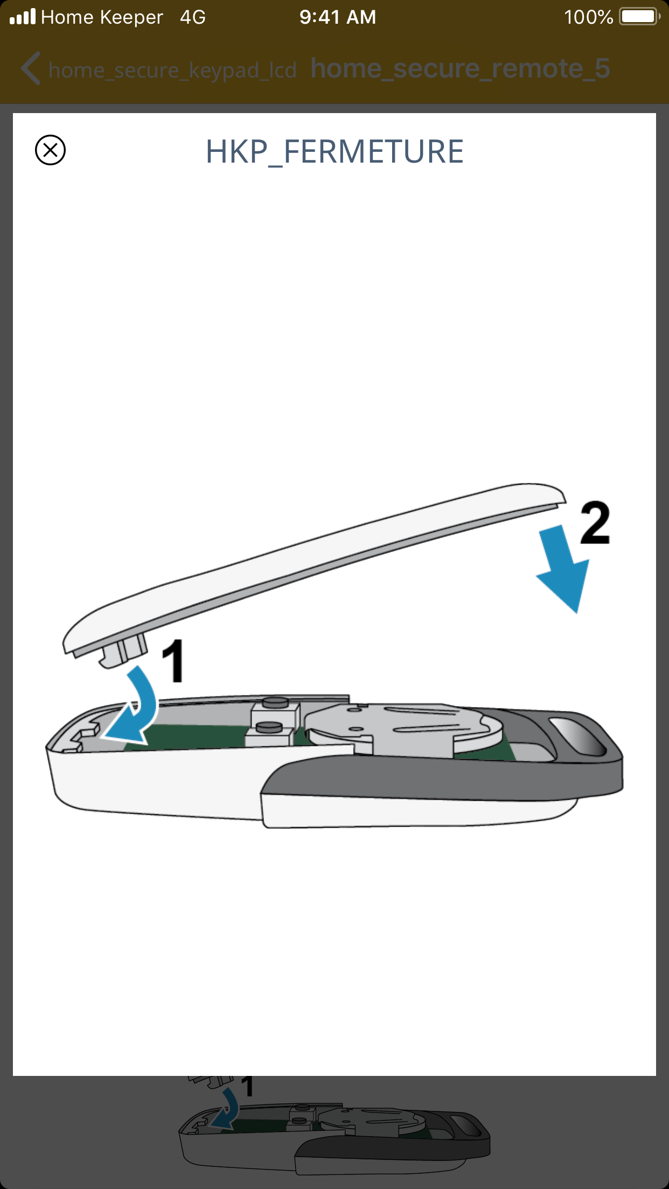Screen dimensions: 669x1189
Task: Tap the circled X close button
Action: coord(50,150)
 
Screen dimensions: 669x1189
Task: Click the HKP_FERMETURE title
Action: coord(334,152)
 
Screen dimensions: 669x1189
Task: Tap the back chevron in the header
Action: coord(31,68)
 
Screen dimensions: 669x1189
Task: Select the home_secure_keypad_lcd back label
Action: coord(172,70)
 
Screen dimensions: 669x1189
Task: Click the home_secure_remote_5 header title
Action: coord(461,69)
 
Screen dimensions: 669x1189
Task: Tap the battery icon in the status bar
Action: coord(640,17)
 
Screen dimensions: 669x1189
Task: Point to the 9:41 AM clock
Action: coord(338,17)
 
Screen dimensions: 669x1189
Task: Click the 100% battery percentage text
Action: coord(588,17)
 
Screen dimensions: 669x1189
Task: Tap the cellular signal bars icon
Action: coord(23,17)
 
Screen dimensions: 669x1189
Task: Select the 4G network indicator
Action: coord(193,17)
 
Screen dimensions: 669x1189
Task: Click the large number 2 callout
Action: coord(595,522)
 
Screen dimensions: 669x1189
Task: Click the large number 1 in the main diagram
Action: coord(173,661)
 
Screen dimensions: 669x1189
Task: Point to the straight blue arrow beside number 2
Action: coord(563,569)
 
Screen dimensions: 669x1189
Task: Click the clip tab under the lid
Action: coord(123,650)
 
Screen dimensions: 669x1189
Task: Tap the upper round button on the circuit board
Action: coord(275,702)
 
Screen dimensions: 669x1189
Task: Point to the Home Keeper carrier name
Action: coord(102,17)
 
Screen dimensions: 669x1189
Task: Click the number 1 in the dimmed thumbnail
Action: coord(247,1087)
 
